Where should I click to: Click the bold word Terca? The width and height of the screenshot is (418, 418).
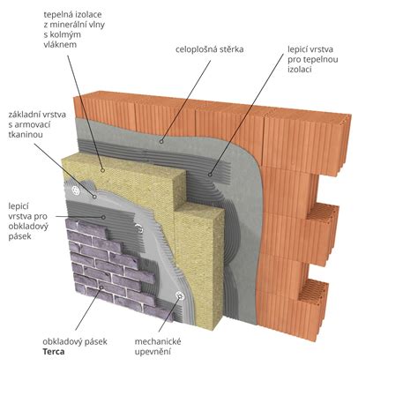(54, 352)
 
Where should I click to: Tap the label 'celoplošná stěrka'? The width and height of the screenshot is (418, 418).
(210, 49)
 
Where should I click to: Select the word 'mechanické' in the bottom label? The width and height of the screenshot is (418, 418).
(158, 341)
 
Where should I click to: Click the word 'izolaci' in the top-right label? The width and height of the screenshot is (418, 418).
(300, 70)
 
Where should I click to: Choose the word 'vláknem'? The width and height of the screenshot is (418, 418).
(60, 44)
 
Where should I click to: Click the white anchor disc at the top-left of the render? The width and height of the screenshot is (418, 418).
(76, 190)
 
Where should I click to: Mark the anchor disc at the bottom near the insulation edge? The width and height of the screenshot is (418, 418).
(180, 296)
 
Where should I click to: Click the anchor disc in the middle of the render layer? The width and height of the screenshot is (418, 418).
(139, 228)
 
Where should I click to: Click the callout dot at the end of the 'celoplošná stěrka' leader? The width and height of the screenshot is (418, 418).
(161, 142)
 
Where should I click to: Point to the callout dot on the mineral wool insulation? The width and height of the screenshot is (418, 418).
(102, 170)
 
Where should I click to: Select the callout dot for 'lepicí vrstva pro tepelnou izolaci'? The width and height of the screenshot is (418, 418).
(210, 175)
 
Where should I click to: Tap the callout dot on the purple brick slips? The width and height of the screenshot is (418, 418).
(101, 287)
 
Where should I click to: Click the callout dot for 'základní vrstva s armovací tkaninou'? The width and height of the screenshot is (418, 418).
(94, 197)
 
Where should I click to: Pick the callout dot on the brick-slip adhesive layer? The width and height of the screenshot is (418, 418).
(103, 217)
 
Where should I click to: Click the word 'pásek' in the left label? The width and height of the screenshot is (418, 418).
(19, 236)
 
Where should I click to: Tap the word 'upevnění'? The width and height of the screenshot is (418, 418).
(153, 352)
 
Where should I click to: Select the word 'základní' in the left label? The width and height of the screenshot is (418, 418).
(25, 115)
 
